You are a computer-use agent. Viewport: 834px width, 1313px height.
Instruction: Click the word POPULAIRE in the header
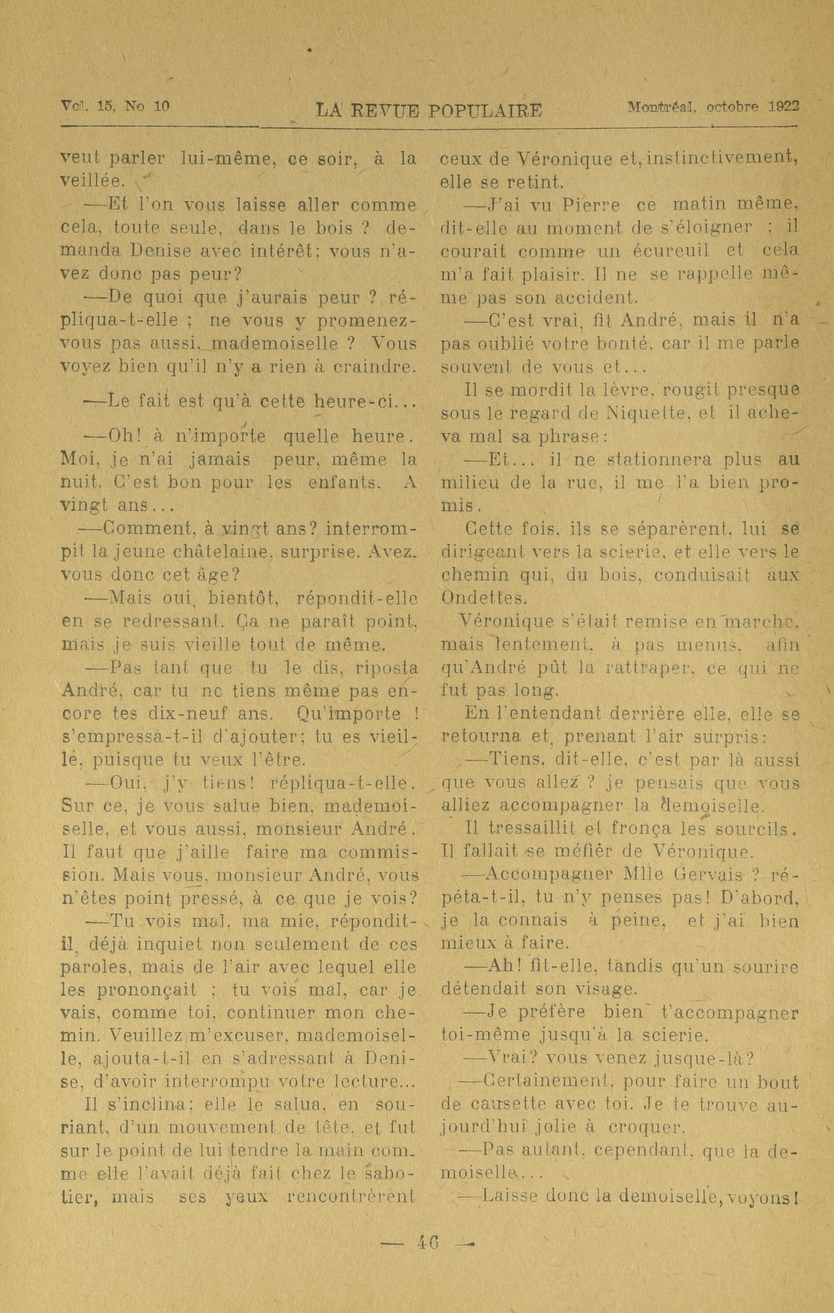(484, 111)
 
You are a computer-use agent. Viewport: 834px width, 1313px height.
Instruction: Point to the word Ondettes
(484, 598)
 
